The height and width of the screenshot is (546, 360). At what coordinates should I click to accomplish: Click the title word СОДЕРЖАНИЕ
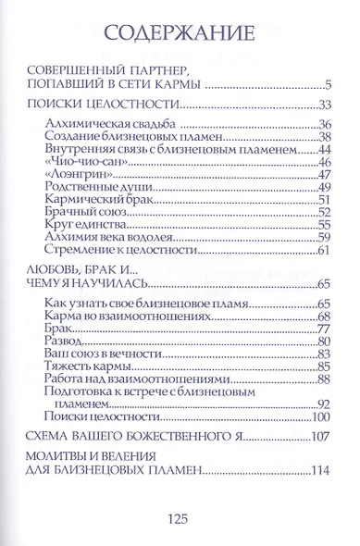pos(180,35)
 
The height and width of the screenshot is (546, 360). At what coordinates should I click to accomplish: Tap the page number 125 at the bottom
pos(180,518)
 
